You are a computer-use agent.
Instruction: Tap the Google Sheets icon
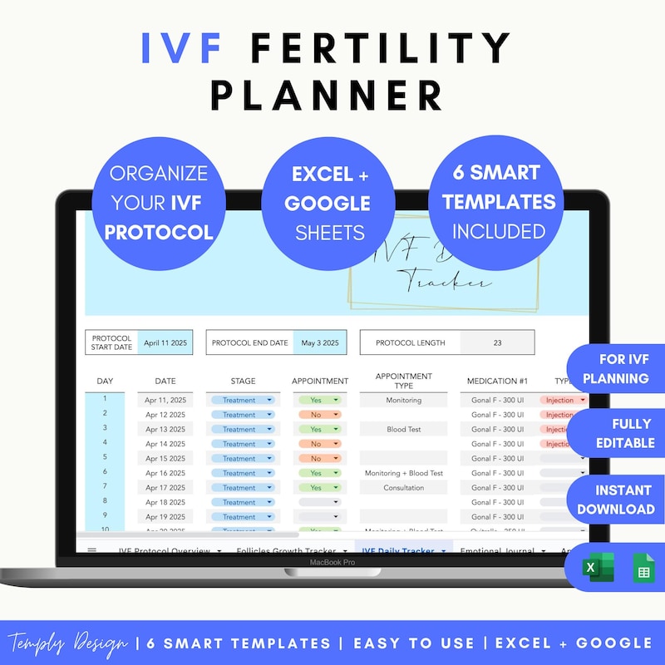(643, 569)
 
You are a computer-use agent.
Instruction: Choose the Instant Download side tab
(616, 500)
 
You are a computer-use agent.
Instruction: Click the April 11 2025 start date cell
(165, 342)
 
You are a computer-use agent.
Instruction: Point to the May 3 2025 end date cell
(319, 342)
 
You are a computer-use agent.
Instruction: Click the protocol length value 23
(497, 342)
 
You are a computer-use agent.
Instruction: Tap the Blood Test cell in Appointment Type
(404, 430)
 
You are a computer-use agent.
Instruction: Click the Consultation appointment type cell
(404, 488)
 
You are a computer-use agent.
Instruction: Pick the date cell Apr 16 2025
(165, 473)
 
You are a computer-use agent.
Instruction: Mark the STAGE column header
(243, 382)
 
